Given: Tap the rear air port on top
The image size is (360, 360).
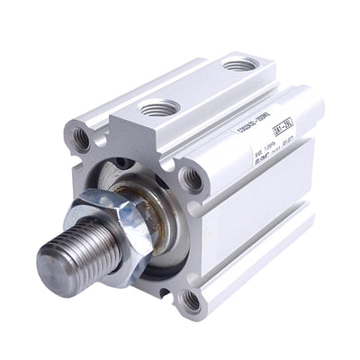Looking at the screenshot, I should (x=239, y=65).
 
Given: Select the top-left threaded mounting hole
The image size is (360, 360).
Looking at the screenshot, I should (x=80, y=139).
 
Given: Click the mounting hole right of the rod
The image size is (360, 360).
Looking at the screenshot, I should (x=192, y=179).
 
